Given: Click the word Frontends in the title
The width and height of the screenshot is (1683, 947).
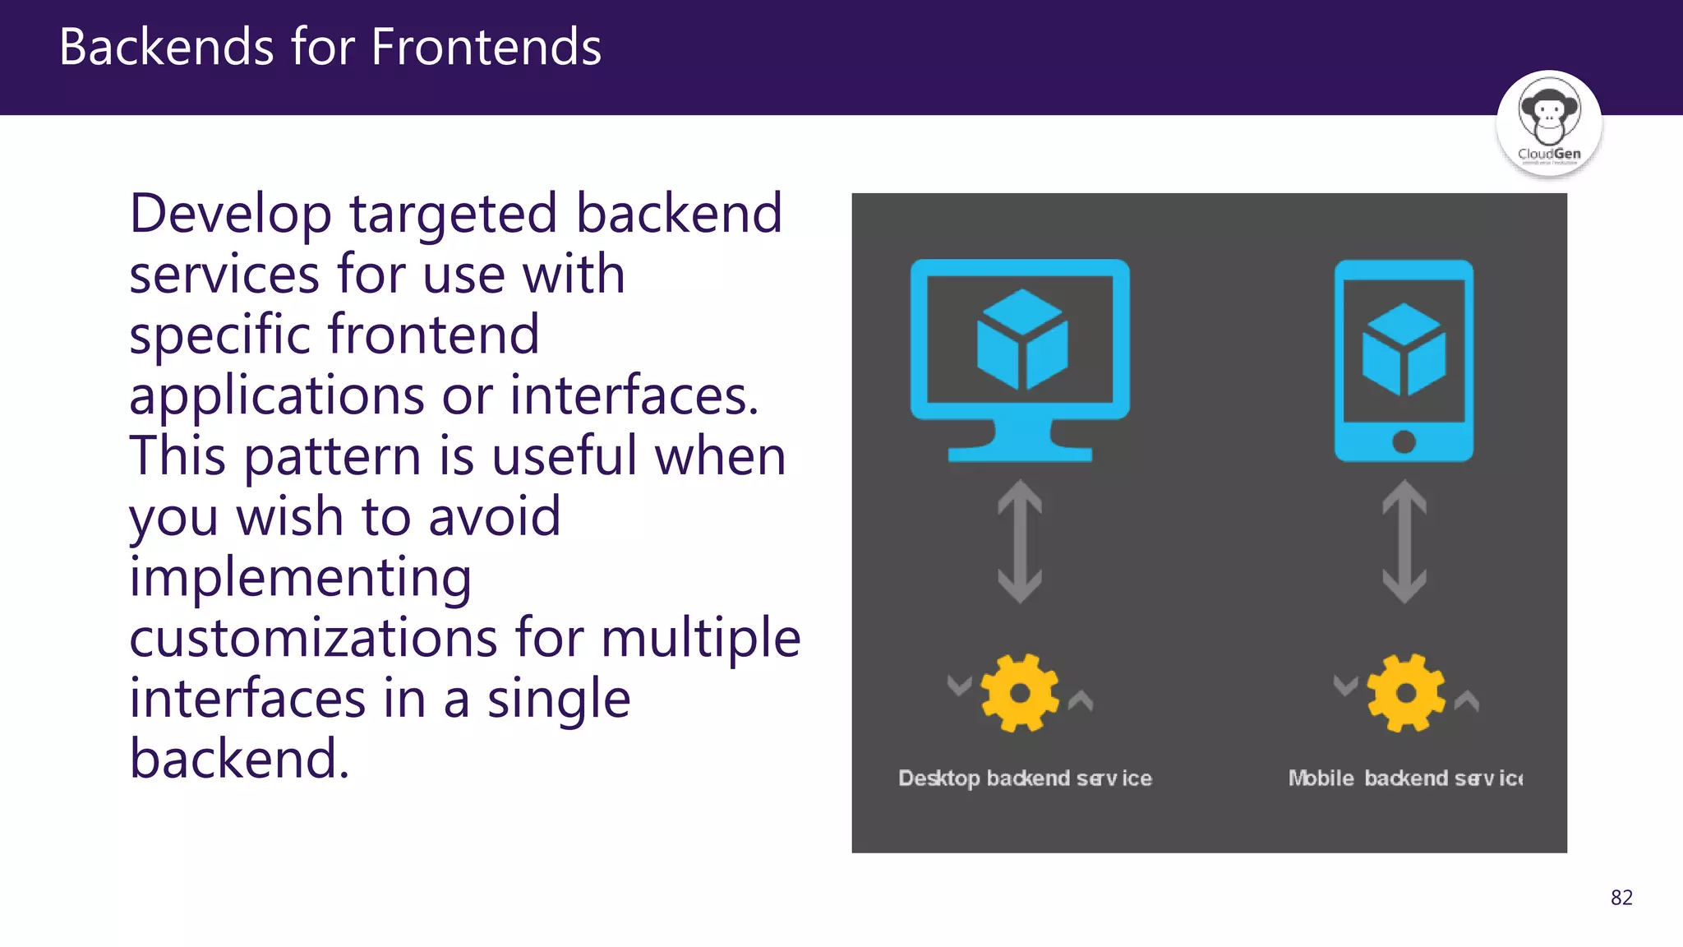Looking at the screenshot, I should click(x=486, y=47).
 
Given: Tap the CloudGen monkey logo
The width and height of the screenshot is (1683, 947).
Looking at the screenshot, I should click(x=1548, y=122).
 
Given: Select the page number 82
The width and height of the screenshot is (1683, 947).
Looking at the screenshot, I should click(x=1621, y=898).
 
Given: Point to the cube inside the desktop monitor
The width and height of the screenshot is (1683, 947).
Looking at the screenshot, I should click(x=1021, y=340).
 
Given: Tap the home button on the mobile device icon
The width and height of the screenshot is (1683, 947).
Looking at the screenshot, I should click(x=1404, y=442).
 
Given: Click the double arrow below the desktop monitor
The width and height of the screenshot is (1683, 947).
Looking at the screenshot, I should click(x=1020, y=542).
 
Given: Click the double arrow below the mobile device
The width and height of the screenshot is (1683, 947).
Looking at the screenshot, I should click(x=1404, y=542).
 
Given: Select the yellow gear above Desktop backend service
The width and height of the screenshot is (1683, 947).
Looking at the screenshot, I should click(x=1020, y=693).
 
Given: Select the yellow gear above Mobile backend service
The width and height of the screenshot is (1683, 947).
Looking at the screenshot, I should click(x=1405, y=693).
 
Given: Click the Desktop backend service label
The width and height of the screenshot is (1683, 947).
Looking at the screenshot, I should click(x=1025, y=778).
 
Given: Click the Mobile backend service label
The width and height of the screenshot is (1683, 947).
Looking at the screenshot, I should click(x=1405, y=778).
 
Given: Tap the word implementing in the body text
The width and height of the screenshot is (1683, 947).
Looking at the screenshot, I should click(x=300, y=579).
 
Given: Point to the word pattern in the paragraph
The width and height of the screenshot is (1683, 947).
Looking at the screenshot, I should click(x=332, y=457).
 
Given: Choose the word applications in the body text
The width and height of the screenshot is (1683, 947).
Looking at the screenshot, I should click(x=276, y=397).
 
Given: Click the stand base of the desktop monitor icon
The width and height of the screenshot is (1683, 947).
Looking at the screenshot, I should click(x=1020, y=453).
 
